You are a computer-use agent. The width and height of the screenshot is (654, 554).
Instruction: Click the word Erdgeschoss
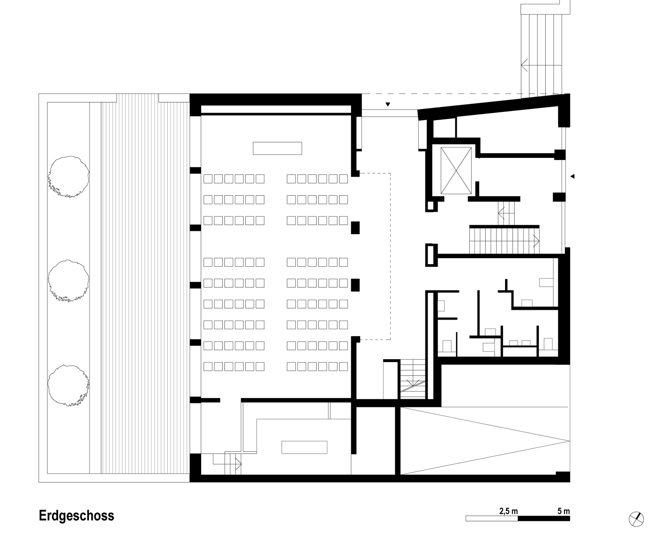(x=76, y=516)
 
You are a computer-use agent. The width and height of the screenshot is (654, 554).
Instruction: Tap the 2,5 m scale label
(x=508, y=511)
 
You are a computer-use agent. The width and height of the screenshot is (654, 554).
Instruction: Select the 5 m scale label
(x=563, y=511)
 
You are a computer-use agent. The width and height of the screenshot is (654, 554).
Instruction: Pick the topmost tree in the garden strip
(x=69, y=177)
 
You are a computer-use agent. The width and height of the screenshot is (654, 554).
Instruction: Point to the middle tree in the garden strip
(x=69, y=281)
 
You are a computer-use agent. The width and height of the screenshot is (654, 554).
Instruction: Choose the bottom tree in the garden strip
(x=69, y=385)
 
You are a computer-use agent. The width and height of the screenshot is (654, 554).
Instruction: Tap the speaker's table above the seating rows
(x=277, y=148)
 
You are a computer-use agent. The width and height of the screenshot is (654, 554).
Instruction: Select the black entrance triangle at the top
(x=388, y=105)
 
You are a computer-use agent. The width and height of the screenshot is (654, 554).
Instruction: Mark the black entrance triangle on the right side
(x=572, y=176)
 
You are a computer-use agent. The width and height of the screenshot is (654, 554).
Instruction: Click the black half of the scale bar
(x=544, y=519)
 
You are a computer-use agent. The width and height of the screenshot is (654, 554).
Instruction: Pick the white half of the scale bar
(x=492, y=519)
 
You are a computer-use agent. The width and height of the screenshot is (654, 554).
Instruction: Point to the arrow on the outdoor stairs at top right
(x=541, y=65)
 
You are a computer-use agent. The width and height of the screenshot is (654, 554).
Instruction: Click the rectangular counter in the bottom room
(x=304, y=447)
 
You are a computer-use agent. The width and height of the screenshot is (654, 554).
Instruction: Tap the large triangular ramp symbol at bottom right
(x=485, y=441)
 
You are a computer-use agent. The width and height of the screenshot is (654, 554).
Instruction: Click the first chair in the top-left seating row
(x=208, y=179)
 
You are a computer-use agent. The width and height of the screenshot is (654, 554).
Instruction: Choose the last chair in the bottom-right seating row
(x=343, y=366)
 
